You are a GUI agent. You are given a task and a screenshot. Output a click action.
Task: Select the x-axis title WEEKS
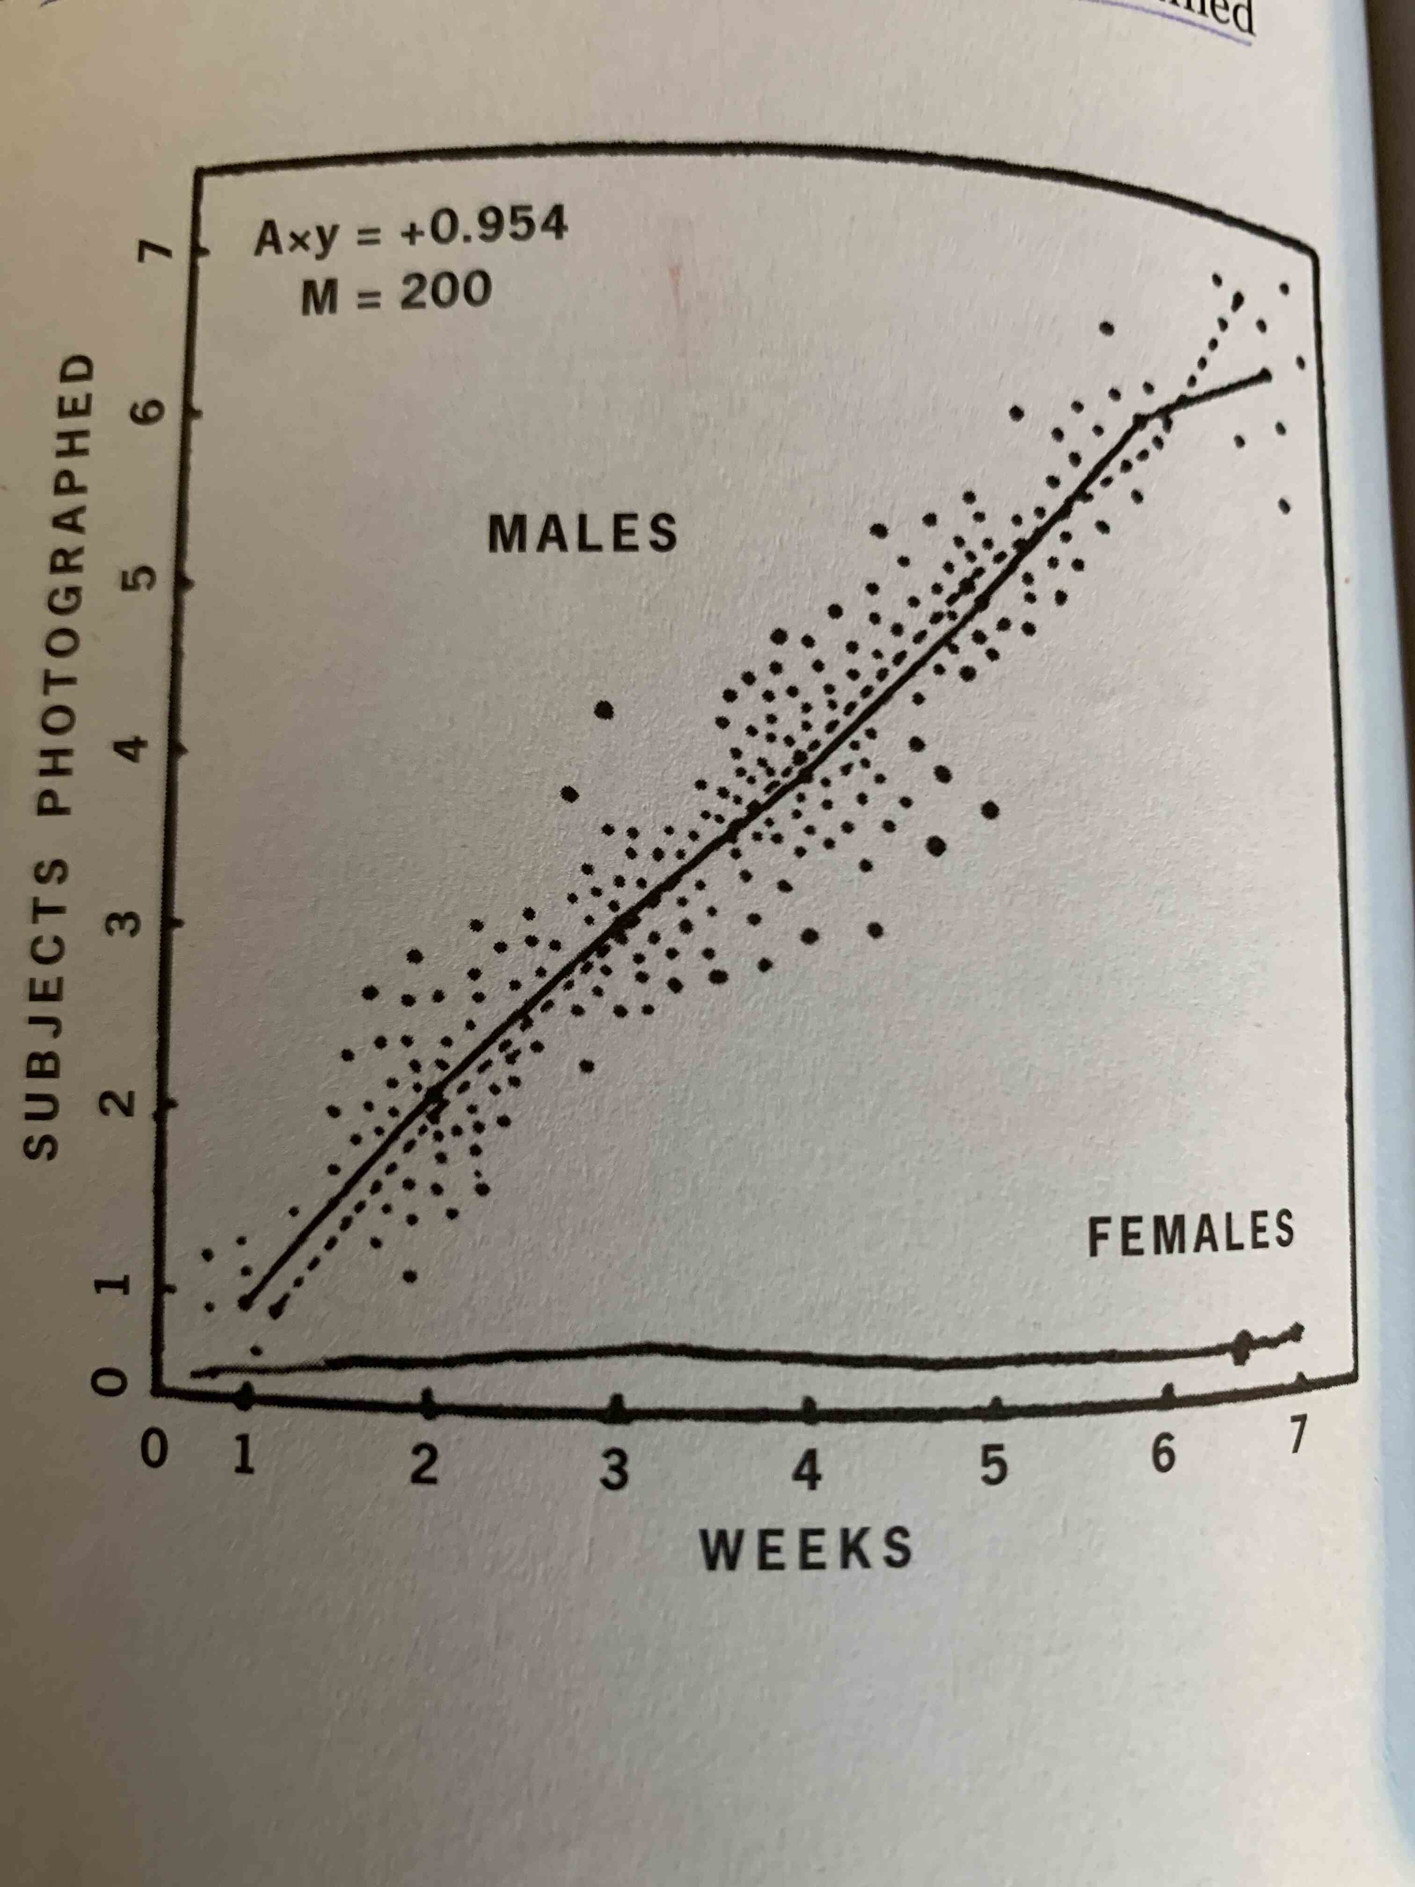point(806,1548)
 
